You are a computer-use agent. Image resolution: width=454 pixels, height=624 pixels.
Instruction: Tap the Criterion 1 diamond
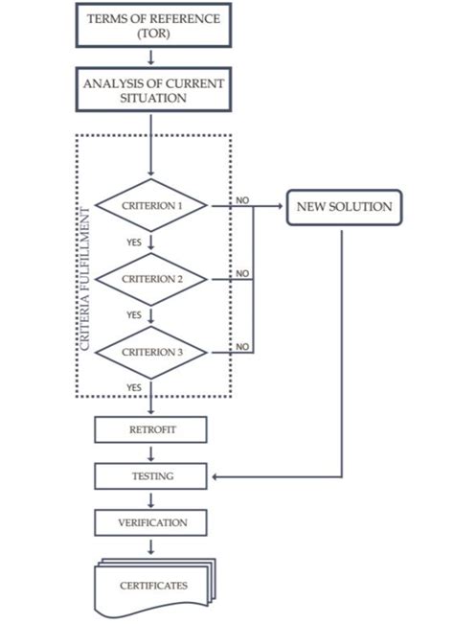(x=151, y=205)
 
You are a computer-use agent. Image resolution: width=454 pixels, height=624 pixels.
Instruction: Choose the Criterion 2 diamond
(x=151, y=279)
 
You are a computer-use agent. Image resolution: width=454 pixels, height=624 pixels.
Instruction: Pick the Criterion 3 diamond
(x=151, y=352)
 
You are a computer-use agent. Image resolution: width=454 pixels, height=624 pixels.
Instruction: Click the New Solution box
(x=342, y=207)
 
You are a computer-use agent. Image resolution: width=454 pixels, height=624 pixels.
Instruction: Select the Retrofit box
(x=151, y=428)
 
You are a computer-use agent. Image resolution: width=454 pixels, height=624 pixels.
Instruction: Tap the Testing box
(x=151, y=475)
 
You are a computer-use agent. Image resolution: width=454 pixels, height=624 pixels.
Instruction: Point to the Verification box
(x=151, y=522)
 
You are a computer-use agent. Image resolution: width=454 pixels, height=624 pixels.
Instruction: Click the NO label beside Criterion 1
(x=242, y=200)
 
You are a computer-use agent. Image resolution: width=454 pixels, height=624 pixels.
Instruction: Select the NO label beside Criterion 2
(x=242, y=273)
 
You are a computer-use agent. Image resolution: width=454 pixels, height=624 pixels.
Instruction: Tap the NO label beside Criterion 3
(x=242, y=346)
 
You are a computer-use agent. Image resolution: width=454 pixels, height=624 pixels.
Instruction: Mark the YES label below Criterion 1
(x=134, y=243)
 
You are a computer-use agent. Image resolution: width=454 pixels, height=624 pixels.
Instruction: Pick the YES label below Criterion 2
(x=134, y=314)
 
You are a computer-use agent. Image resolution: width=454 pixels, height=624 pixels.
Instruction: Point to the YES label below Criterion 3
(x=134, y=386)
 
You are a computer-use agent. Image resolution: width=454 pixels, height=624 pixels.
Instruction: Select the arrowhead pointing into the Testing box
(x=215, y=475)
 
